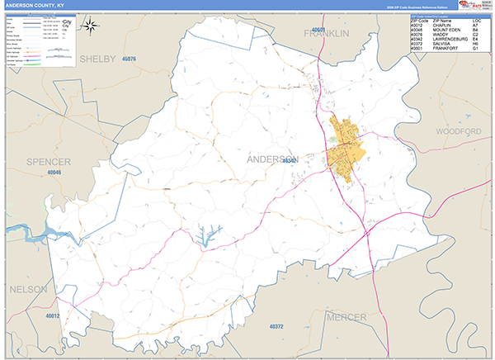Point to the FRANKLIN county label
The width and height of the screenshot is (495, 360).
pos(327,33)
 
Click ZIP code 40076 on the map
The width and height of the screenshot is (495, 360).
pos(128,60)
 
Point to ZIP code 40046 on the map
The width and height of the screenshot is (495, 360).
pos(54,173)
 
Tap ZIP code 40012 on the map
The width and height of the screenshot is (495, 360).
pos(53,315)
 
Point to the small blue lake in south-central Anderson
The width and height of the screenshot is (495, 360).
pos(204,237)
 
